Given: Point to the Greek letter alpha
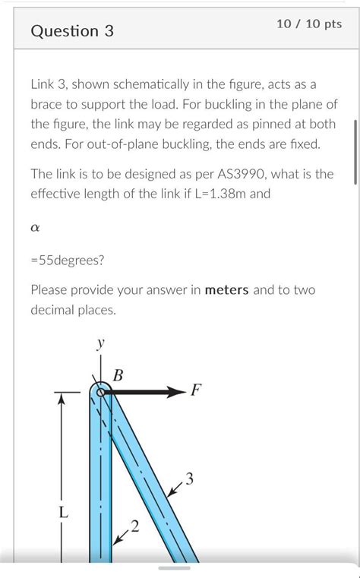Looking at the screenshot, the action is [35, 226].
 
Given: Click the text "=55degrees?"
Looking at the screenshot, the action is [68, 260].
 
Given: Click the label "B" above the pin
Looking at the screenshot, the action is [118, 374].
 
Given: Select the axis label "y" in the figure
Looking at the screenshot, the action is [100, 344].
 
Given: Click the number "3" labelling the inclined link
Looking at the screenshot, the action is [189, 479].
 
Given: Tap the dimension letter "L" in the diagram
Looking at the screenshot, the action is [64, 513].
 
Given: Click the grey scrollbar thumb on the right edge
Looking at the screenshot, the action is [355, 151].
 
